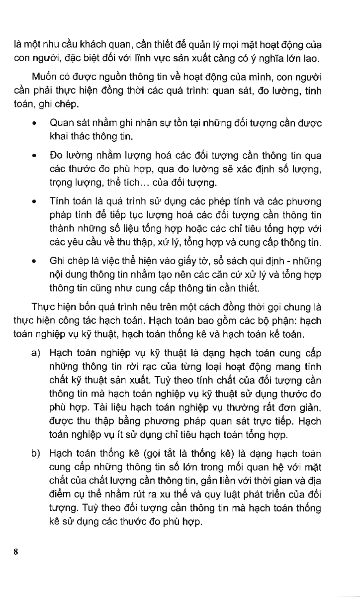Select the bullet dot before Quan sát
pos(33,124)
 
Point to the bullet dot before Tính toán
pos(33,201)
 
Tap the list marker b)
pos(35,453)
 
